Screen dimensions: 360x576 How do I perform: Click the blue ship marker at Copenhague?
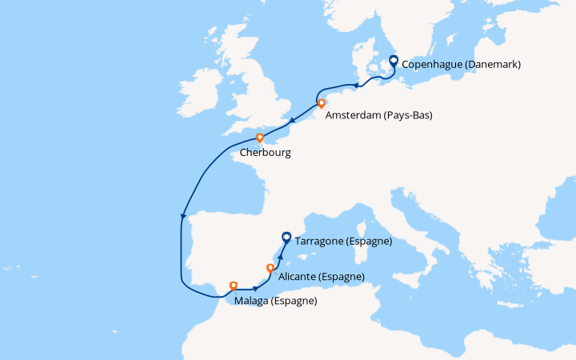393,60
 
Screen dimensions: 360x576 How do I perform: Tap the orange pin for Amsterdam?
321,103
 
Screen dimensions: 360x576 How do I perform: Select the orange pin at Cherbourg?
260,138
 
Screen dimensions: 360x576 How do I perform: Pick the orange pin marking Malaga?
234,284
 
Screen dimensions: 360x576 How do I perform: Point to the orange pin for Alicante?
270,268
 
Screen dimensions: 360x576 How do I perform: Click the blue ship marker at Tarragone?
286,237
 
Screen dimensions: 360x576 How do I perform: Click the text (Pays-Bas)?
407,115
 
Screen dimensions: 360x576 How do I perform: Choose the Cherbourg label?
265,152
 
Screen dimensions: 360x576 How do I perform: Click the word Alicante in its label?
298,277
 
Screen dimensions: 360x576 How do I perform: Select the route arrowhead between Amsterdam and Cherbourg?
293,122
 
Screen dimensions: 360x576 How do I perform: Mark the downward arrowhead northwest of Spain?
183,216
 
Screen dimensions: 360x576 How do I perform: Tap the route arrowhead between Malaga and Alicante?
255,288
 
